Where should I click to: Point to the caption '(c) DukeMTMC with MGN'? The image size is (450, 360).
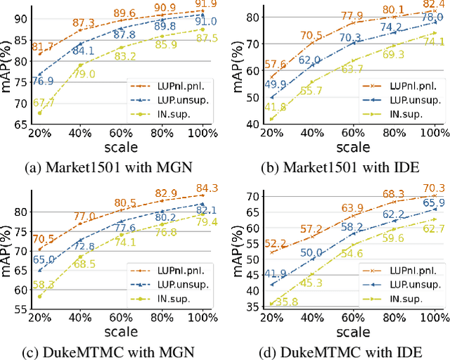click(x=108, y=350)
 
